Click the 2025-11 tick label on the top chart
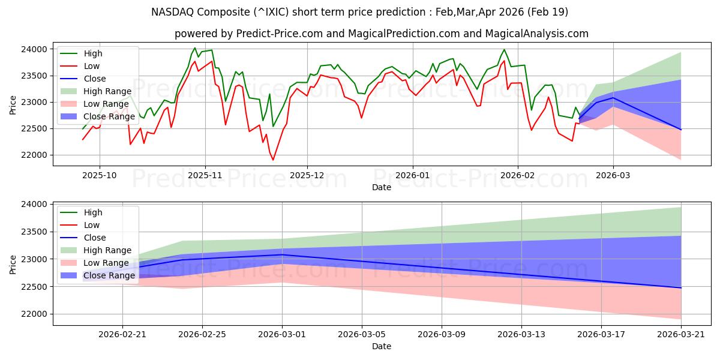(205, 175)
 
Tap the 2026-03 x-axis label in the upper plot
(613, 175)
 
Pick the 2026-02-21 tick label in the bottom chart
(122, 335)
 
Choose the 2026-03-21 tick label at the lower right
(681, 335)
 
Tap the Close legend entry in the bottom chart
(94, 238)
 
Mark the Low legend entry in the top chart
(92, 66)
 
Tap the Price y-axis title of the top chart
(13, 104)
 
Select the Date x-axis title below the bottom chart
(382, 346)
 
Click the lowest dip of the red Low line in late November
(273, 160)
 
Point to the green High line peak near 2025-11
(194, 48)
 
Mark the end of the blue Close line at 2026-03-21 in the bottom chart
(681, 288)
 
